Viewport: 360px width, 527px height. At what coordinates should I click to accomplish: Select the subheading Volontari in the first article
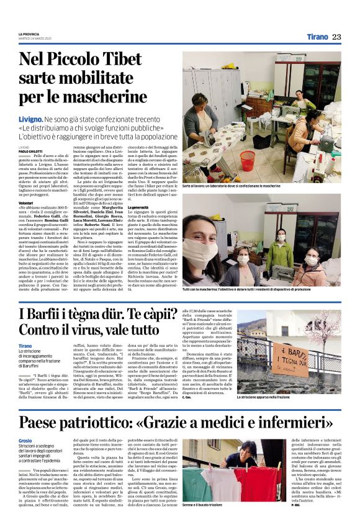(x=26, y=203)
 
